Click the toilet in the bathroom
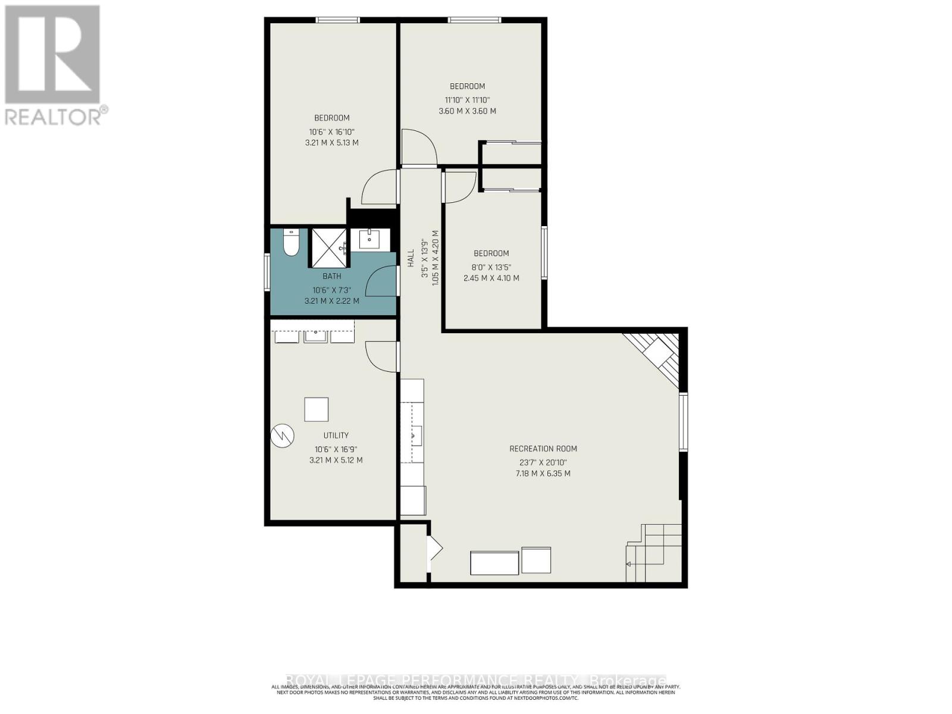(291, 243)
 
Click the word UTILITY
(336, 436)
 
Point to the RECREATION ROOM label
(543, 449)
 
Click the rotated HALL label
(411, 258)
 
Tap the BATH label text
(332, 276)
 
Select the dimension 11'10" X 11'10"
(467, 100)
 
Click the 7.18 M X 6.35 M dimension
(543, 474)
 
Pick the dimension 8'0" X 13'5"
(491, 267)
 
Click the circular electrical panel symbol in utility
(282, 436)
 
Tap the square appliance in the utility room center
(316, 409)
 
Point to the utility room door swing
(379, 356)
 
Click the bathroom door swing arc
(380, 281)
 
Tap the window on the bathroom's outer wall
(267, 272)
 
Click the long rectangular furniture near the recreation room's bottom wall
(494, 563)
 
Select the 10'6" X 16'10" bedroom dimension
(332, 132)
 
